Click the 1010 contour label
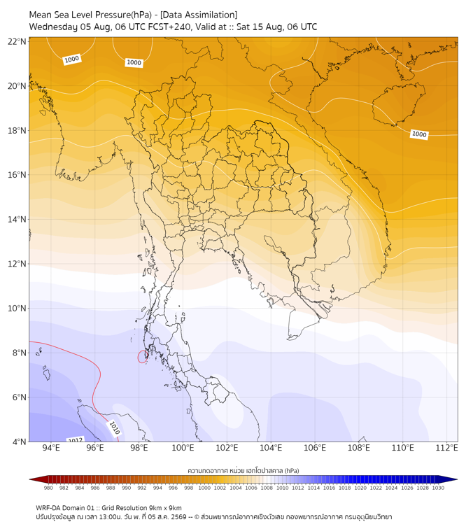click(115, 428)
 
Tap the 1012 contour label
click(76, 440)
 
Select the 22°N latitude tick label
click(17, 41)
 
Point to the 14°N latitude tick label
click(17, 219)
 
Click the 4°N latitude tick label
click(19, 442)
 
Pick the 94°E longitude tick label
click(51, 448)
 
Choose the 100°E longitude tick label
click(183, 448)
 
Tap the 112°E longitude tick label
click(446, 448)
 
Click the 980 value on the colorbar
click(48, 488)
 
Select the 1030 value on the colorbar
click(438, 488)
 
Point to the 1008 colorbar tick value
click(267, 488)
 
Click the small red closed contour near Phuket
click(143, 357)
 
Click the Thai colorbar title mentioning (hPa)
click(243, 470)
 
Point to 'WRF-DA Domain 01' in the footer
click(63, 508)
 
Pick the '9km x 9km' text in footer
click(165, 508)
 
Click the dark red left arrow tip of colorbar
click(29, 479)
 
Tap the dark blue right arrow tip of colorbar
click(457, 479)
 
